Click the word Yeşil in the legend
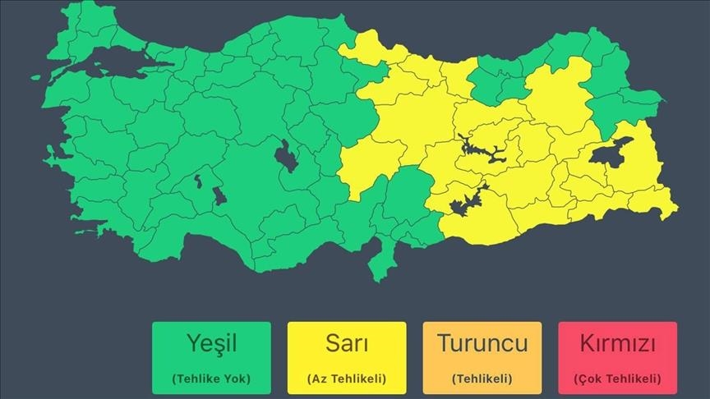coord(211,344)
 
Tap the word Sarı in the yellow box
coord(346,344)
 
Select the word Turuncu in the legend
coord(482,343)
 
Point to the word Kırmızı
coord(617,343)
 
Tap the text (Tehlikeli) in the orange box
coord(482,378)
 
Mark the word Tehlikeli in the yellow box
coord(357,378)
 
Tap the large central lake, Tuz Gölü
coord(288,154)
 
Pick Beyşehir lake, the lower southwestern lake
coord(219,197)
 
